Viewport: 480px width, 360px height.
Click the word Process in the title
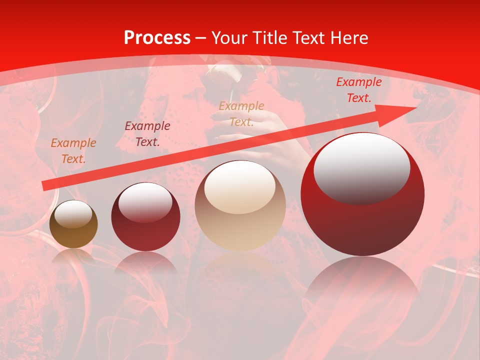pos(157,38)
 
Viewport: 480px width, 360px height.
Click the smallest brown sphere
pos(73,224)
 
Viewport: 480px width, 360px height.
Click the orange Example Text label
pos(73,151)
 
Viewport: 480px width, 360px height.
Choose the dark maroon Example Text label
pos(147,134)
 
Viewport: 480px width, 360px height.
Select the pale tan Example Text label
pos(241,114)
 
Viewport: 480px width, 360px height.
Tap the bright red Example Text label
pos(358,90)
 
